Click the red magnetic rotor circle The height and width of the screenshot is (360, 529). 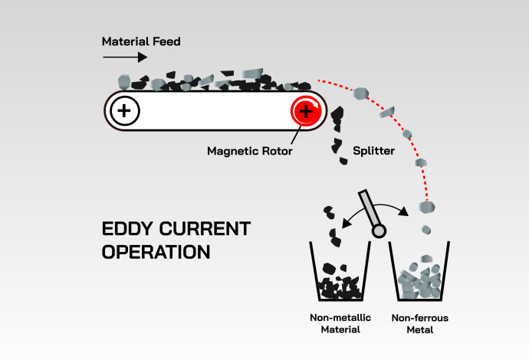(x=306, y=112)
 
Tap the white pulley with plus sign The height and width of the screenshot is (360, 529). (x=125, y=112)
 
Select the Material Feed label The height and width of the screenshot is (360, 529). (x=141, y=41)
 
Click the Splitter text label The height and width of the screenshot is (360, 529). (x=373, y=151)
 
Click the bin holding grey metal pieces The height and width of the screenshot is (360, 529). (x=419, y=276)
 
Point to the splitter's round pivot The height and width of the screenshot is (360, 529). (x=377, y=231)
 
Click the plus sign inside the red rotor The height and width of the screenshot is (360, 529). (x=306, y=112)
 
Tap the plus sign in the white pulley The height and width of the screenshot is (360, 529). (x=125, y=112)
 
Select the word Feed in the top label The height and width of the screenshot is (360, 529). (x=166, y=41)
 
